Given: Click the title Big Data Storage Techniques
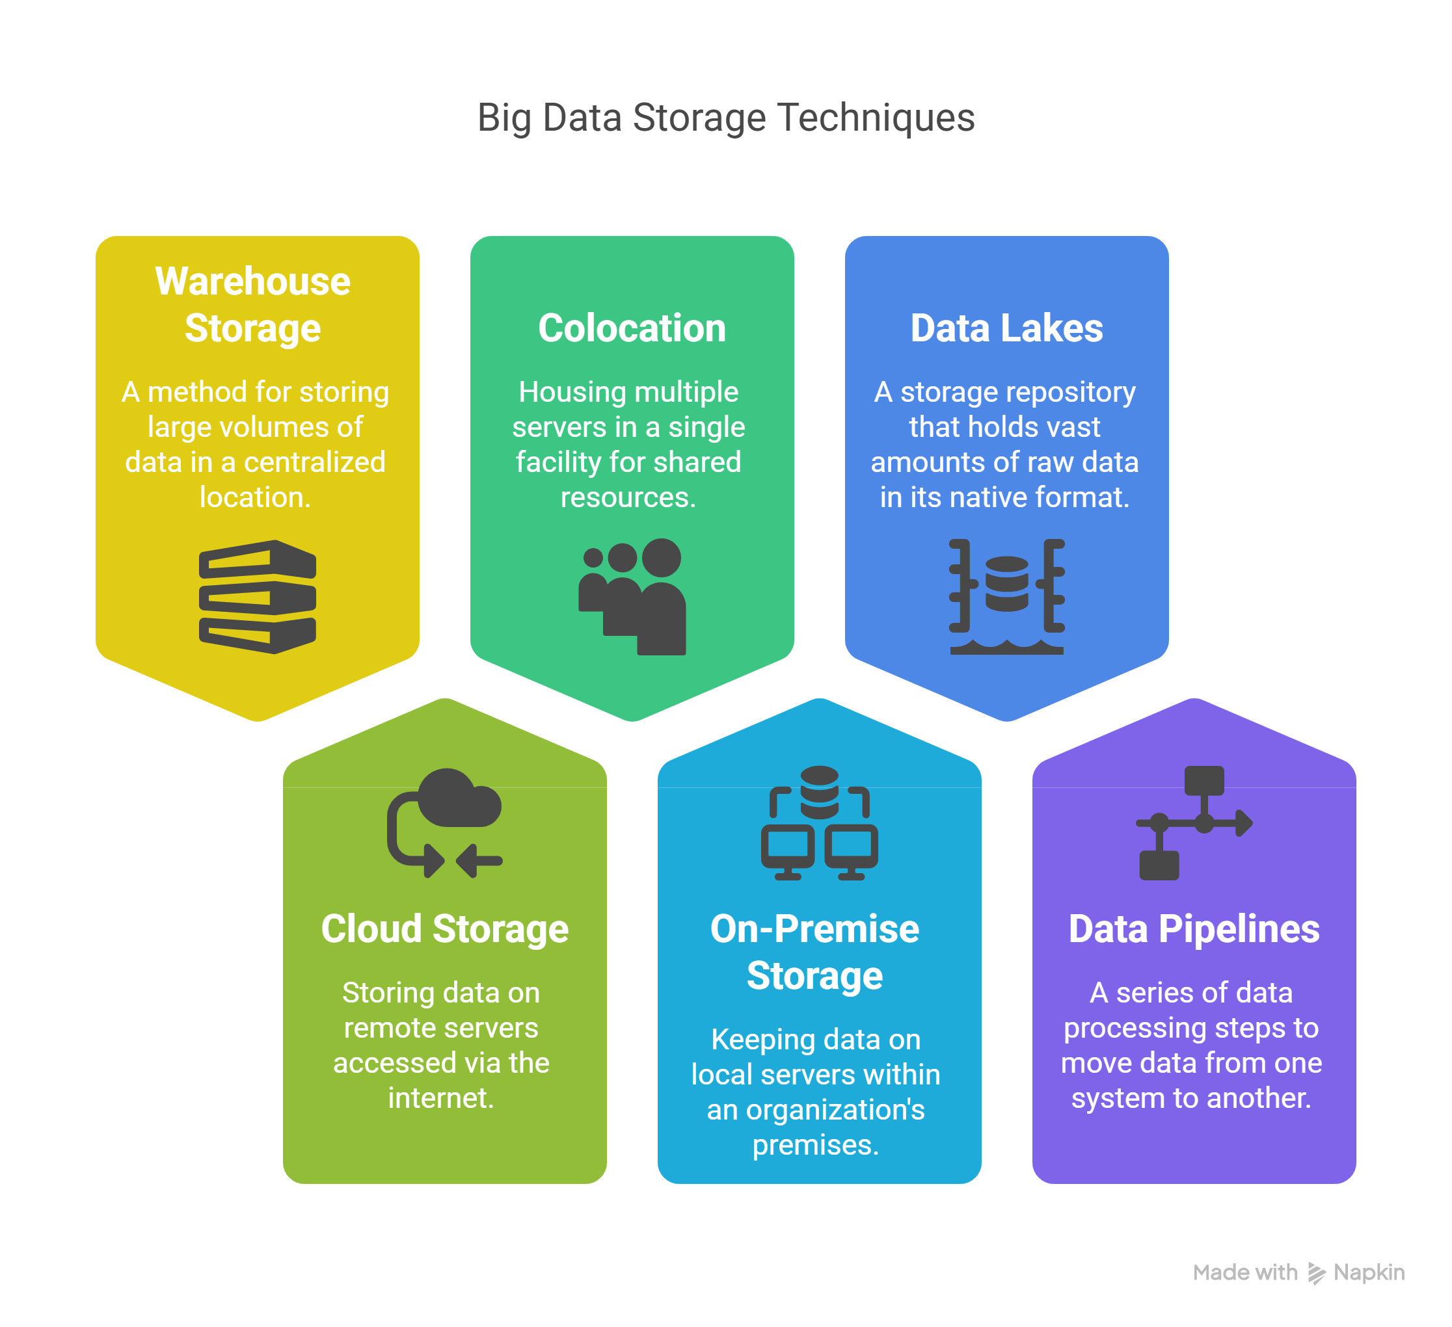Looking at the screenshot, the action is pyautogui.click(x=726, y=118).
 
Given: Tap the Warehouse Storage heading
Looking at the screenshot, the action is pyautogui.click(x=253, y=304).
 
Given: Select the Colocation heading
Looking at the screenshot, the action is pyautogui.click(x=632, y=328).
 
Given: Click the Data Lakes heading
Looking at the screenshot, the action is pyautogui.click(x=1006, y=328).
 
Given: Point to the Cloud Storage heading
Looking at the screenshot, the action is pyautogui.click(x=445, y=929).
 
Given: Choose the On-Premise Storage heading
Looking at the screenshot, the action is pyautogui.click(x=814, y=952).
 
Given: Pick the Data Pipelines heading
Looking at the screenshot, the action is pyautogui.click(x=1194, y=929).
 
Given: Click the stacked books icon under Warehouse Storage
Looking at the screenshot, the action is pyautogui.click(x=258, y=597).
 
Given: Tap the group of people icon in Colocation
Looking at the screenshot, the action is pyautogui.click(x=632, y=597).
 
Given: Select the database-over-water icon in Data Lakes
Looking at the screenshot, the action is pyautogui.click(x=1007, y=597).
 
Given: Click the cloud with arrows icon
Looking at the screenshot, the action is pyautogui.click(x=445, y=823).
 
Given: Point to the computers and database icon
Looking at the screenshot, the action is pyautogui.click(x=820, y=823).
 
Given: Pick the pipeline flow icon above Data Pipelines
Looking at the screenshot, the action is pyautogui.click(x=1194, y=823).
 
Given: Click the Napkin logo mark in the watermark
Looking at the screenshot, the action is pyautogui.click(x=1317, y=1274).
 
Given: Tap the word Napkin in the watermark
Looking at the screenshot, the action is pyautogui.click(x=1369, y=1273).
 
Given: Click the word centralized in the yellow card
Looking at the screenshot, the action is pyautogui.click(x=315, y=462).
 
